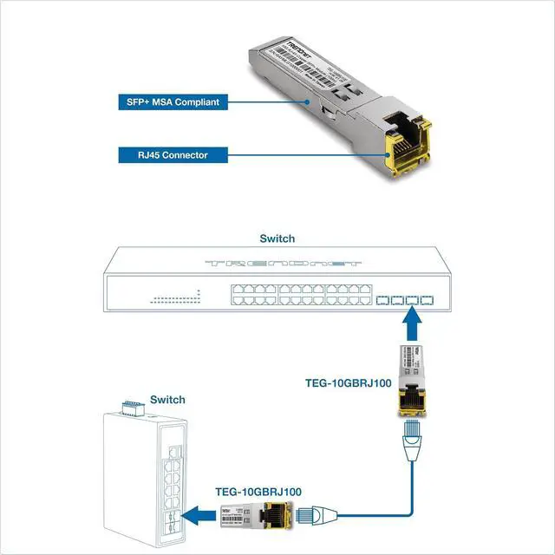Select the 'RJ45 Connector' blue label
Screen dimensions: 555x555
[162, 156]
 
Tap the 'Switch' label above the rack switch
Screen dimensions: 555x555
[277, 238]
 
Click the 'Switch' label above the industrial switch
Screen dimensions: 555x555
[167, 400]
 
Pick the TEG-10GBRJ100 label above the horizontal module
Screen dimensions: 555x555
[258, 492]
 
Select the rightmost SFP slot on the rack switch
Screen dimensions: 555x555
[426, 301]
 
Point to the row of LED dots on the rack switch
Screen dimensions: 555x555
[175, 299]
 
